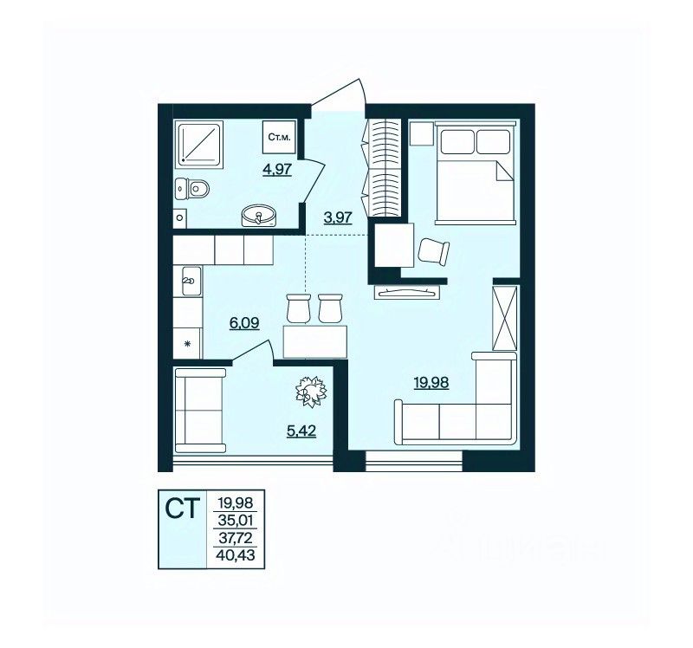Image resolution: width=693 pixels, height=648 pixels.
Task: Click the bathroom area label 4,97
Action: [277, 169]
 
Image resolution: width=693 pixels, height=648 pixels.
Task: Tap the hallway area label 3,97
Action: [338, 217]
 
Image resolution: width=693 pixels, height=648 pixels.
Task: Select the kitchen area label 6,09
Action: [244, 323]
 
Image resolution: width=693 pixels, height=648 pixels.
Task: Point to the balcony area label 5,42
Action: [301, 430]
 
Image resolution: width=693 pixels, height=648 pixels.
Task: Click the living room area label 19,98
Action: [431, 382]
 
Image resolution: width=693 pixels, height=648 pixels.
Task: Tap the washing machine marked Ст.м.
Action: [279, 137]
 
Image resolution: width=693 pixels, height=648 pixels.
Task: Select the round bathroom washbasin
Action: [258, 216]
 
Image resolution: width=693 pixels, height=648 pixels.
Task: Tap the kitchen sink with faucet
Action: [191, 281]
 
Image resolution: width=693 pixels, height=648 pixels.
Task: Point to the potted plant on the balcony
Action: [311, 391]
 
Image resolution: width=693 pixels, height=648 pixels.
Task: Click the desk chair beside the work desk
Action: [433, 251]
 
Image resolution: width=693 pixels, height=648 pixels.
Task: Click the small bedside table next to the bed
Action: [421, 133]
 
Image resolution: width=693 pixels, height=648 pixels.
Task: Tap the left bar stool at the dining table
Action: [297, 308]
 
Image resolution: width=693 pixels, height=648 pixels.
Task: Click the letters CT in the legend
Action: [183, 509]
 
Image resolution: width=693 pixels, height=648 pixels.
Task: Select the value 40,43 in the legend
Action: [236, 554]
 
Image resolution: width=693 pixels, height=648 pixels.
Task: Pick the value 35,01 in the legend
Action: [236, 520]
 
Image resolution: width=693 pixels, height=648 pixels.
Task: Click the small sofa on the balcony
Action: [200, 411]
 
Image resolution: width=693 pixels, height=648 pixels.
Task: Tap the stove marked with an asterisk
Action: [187, 343]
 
